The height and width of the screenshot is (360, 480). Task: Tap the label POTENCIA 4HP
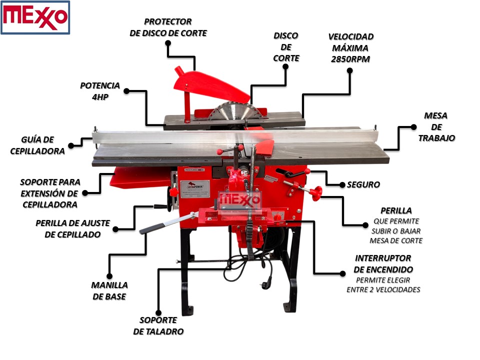[100, 91]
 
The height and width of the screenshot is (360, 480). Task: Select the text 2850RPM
[350, 59]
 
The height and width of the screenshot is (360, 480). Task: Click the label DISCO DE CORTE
[286, 47]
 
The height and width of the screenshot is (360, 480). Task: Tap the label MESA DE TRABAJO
[436, 126]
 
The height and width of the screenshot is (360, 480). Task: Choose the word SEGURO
[363, 185]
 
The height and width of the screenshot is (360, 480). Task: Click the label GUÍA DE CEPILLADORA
[37, 145]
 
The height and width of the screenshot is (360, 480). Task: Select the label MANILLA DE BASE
[109, 290]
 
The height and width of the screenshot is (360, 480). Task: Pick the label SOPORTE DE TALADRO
[158, 325]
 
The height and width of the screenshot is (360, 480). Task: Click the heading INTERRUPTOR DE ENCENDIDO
[383, 263]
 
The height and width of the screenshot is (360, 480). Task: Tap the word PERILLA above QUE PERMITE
[396, 210]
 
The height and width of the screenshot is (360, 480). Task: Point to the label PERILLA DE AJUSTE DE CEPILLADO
[72, 228]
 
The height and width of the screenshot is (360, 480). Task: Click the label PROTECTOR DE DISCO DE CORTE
[167, 27]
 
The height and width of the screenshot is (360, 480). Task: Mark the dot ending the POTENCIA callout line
[126, 91]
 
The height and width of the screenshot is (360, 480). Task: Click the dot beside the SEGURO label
[342, 185]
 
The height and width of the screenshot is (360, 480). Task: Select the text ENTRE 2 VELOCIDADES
[383, 289]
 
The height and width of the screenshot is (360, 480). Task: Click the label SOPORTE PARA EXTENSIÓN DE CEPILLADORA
[50, 193]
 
